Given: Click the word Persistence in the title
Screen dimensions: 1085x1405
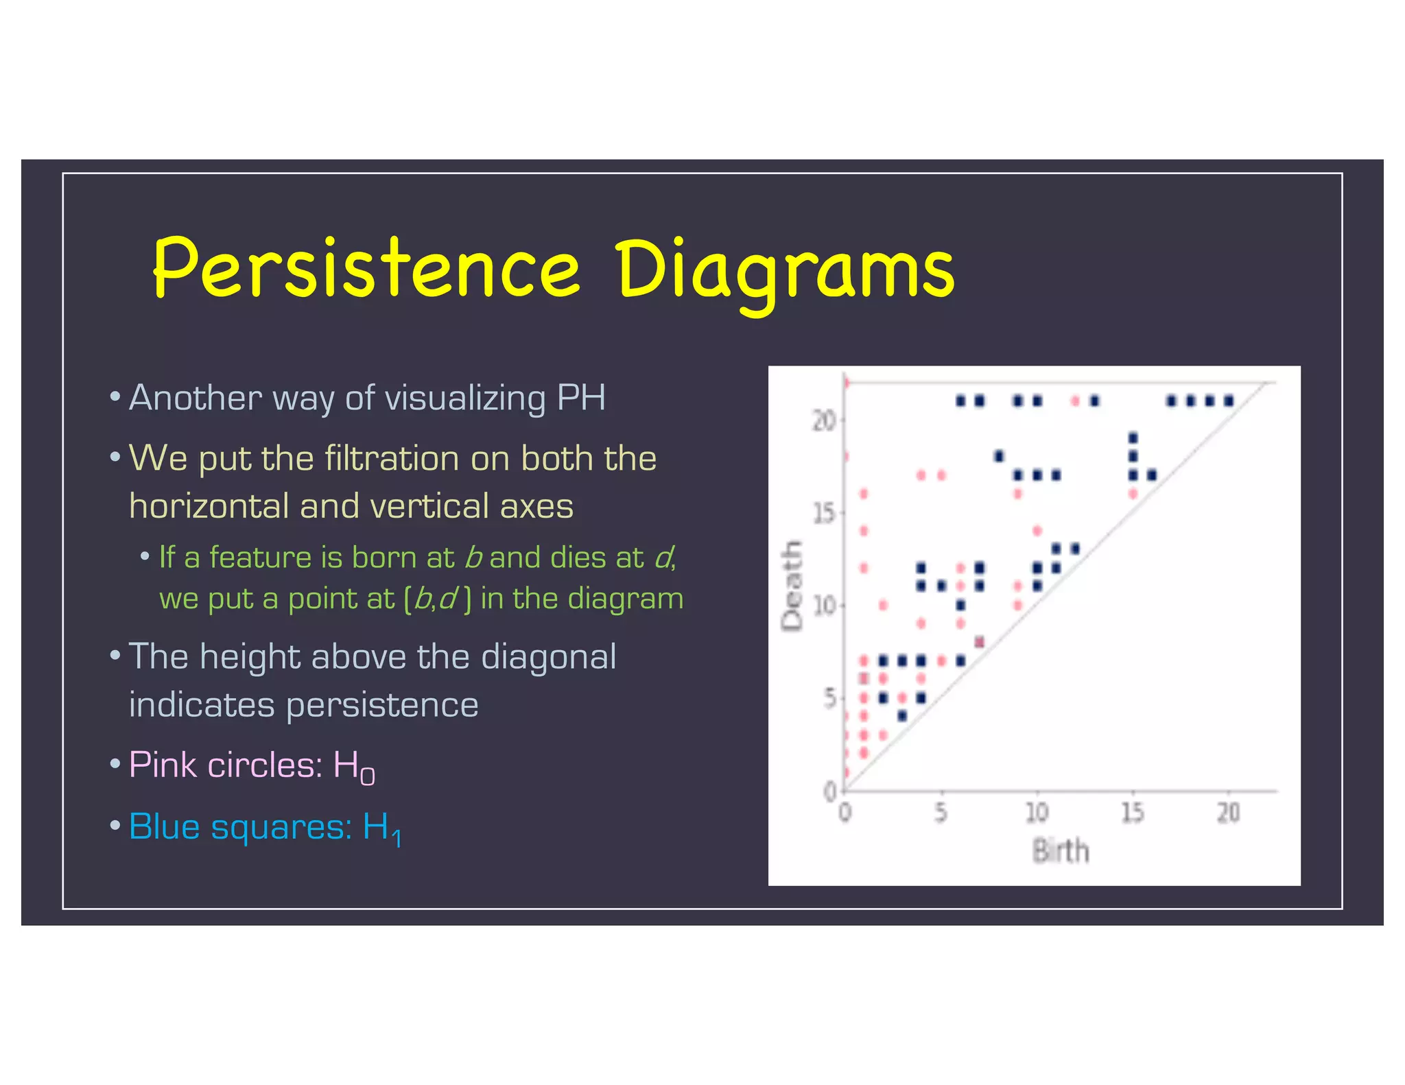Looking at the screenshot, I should [x=366, y=269].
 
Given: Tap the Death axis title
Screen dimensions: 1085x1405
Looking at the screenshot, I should [x=792, y=585].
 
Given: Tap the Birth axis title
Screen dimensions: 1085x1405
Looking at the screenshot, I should [x=1061, y=851].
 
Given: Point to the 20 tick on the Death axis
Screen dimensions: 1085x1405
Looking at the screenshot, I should [x=824, y=420].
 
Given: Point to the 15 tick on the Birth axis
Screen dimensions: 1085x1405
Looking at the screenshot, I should [x=1132, y=813].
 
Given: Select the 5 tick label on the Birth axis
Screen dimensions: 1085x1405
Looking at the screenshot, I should [x=941, y=813].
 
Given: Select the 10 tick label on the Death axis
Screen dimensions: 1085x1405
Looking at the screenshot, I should [x=824, y=606].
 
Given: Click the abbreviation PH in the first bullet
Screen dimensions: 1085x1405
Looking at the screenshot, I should [x=581, y=398].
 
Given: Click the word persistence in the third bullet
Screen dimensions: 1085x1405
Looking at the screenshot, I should [x=381, y=705].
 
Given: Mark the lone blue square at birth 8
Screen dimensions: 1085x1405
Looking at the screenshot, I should [x=999, y=455].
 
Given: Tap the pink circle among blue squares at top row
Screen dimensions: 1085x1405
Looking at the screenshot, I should [x=1075, y=401].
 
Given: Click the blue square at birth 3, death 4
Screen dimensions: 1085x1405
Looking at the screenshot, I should [x=902, y=716].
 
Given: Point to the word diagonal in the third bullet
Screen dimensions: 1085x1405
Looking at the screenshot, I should [x=548, y=657].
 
